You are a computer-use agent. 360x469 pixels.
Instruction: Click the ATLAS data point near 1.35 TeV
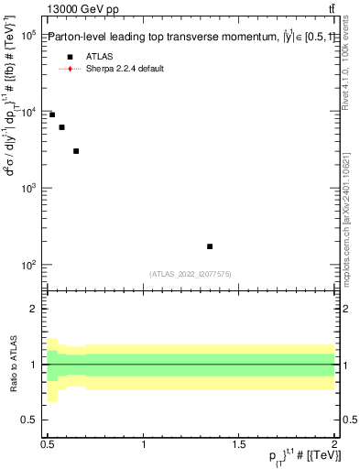pyautogui.click(x=210, y=246)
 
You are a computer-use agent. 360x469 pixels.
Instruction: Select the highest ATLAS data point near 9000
pyautogui.click(x=52, y=115)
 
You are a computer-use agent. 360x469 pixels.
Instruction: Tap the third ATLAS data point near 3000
pyautogui.click(x=76, y=151)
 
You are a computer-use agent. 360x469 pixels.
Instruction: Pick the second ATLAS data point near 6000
pyautogui.click(x=61, y=127)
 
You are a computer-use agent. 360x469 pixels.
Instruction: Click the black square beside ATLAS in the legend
pyautogui.click(x=70, y=57)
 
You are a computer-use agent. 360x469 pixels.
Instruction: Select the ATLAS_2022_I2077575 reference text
pyautogui.click(x=191, y=274)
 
